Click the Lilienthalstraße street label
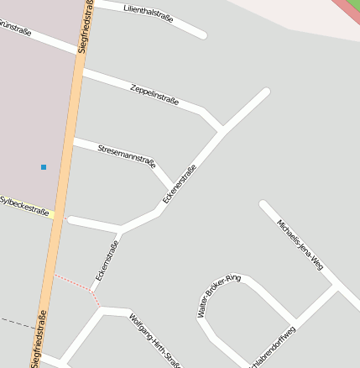tap(148, 13)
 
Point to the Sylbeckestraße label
tap(24, 205)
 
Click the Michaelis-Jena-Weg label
tap(300, 244)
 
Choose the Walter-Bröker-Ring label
tap(218, 295)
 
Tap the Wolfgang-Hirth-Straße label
tap(155, 340)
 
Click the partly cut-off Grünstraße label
tap(15, 30)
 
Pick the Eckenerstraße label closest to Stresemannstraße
tap(180, 184)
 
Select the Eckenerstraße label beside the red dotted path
tap(107, 260)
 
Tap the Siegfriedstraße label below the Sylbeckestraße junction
tap(39, 339)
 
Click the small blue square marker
tap(44, 167)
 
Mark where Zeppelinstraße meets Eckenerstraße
tap(222, 130)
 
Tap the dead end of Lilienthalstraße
tap(202, 34)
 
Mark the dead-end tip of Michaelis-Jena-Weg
tap(263, 204)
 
